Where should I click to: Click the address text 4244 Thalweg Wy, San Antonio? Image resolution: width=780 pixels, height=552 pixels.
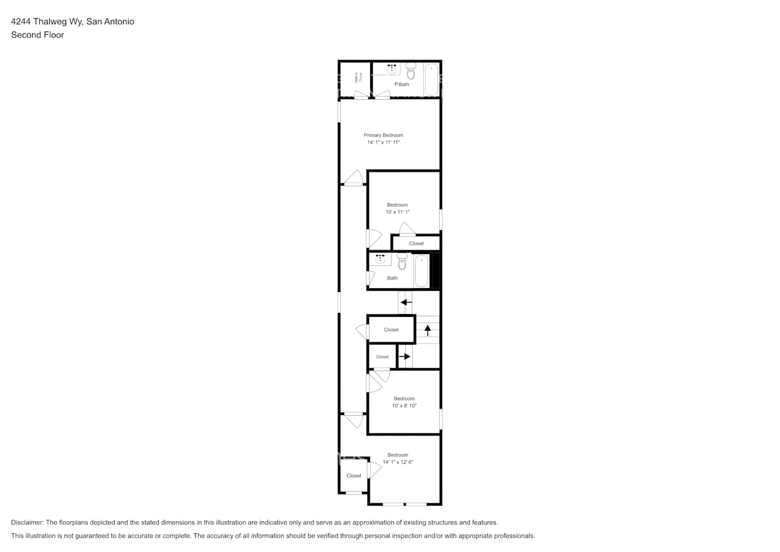pyautogui.click(x=72, y=22)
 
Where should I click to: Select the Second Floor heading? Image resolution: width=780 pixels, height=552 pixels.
pyautogui.click(x=38, y=35)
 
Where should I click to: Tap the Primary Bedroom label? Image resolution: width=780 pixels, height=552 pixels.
pyautogui.click(x=383, y=135)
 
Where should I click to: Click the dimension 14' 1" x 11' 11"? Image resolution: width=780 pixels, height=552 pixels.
pyautogui.click(x=383, y=142)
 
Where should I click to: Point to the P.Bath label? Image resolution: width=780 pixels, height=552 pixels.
pyautogui.click(x=402, y=84)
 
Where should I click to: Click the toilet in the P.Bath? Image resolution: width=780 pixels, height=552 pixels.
pyautogui.click(x=410, y=71)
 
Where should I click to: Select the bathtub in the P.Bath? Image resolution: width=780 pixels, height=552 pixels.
pyautogui.click(x=431, y=79)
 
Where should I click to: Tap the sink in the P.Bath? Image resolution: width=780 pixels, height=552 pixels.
pyautogui.click(x=392, y=69)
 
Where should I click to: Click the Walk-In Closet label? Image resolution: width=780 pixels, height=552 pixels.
pyautogui.click(x=359, y=78)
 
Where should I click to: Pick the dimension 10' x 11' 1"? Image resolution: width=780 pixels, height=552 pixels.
pyautogui.click(x=397, y=212)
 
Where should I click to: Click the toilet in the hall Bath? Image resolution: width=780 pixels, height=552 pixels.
pyautogui.click(x=402, y=262)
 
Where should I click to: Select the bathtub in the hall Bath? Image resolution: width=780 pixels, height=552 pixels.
pyautogui.click(x=421, y=270)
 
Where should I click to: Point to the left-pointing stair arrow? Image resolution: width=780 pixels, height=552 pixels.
pyautogui.click(x=406, y=302)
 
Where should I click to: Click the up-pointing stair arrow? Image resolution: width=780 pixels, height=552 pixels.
pyautogui.click(x=428, y=330)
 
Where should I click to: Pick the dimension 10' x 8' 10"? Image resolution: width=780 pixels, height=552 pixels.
pyautogui.click(x=404, y=406)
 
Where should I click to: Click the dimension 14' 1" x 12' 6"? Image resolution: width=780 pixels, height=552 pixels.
pyautogui.click(x=398, y=462)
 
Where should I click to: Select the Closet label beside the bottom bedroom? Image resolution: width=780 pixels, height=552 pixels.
pyautogui.click(x=354, y=476)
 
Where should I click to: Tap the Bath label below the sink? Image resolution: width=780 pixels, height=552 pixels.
pyautogui.click(x=392, y=278)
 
